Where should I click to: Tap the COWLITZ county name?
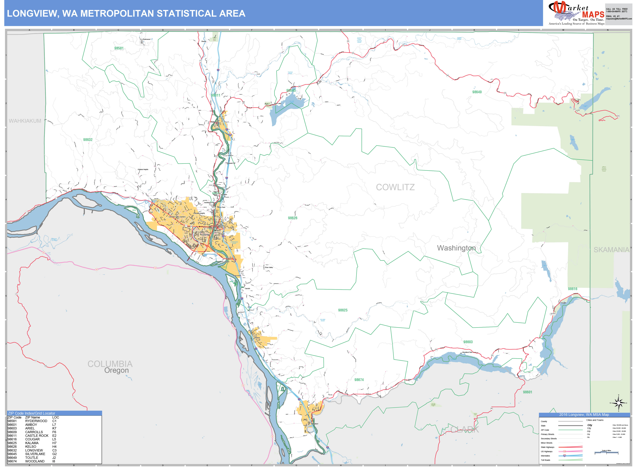pos(395,187)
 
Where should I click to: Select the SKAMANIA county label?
pos(611,250)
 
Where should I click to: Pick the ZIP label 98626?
pos(292,218)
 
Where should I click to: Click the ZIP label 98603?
pos(468,342)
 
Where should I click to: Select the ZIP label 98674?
pos(359,380)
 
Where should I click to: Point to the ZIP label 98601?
pos(527,392)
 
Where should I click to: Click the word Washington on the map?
pos(456,248)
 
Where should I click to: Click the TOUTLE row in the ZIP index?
pos(32,458)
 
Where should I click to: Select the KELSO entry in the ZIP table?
pos(31,447)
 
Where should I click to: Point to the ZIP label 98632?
pos(88,140)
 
